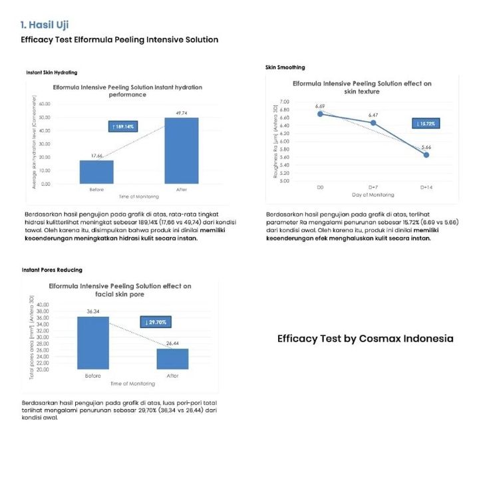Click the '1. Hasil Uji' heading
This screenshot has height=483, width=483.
pos(44,25)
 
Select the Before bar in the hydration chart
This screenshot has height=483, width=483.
pos(96,172)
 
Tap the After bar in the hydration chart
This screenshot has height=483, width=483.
pos(181,150)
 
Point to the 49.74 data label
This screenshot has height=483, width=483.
pos(181,114)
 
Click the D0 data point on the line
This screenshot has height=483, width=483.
pos(320,114)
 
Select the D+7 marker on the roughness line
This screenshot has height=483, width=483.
pos(373,123)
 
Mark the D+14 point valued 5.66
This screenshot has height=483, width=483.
pos(426,154)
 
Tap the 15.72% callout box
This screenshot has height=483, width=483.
pos(425,124)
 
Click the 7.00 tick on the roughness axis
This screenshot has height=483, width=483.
pos(285,101)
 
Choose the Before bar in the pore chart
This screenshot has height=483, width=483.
pos(92,343)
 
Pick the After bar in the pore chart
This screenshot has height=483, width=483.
pos(172,359)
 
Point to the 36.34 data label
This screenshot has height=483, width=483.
pos(92,311)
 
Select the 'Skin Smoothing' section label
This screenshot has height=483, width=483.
pos(285,68)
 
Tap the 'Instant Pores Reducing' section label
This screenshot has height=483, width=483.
pos(52,270)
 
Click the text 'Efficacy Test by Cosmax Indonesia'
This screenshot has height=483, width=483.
pos(365,339)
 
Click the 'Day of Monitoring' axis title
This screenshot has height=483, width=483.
pos(373,195)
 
